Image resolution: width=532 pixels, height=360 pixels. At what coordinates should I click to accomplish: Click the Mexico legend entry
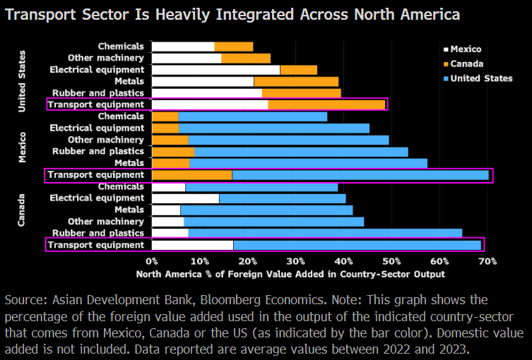coord(465,49)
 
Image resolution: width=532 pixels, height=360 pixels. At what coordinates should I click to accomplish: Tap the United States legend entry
coord(480,78)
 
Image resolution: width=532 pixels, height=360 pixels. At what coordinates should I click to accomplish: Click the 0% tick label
coord(152,260)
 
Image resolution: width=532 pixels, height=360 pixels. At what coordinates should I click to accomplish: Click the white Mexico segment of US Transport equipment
coord(210,104)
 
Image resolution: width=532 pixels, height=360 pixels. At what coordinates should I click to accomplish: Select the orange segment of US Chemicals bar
coord(234,47)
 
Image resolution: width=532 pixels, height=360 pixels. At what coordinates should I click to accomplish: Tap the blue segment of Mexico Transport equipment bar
coord(360,174)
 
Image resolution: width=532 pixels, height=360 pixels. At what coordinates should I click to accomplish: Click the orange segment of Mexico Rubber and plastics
coord(173,151)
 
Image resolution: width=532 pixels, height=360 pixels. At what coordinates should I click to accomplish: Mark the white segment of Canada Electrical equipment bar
coord(185,198)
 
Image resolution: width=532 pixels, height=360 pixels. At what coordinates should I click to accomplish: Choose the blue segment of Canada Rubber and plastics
coord(325,233)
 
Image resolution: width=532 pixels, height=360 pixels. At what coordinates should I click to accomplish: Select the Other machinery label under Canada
coord(111,222)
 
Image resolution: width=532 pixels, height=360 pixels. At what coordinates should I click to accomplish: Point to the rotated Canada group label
coord(22,210)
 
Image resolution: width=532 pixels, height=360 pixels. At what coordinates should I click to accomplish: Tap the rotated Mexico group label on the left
coord(22,146)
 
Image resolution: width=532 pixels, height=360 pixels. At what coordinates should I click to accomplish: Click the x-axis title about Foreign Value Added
coord(290,274)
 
